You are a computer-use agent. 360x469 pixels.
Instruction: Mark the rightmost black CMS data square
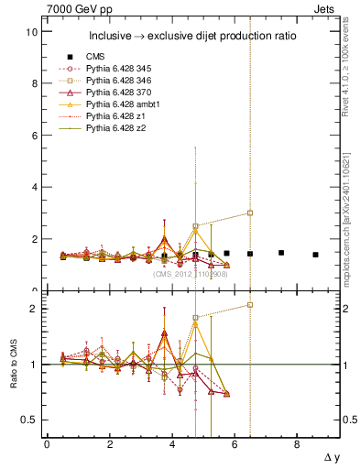point(315,255)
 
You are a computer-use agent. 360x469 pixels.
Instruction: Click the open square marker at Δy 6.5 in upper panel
point(250,213)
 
